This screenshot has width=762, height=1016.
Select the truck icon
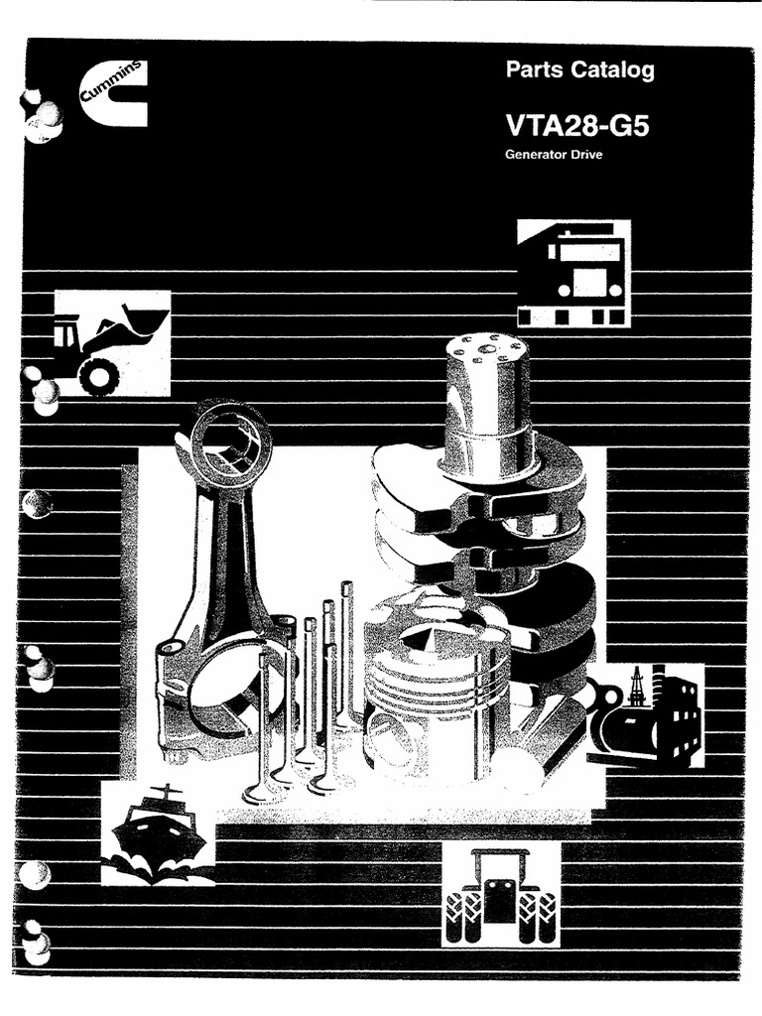click(x=573, y=273)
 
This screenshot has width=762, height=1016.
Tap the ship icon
click(x=158, y=831)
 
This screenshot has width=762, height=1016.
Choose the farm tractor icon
click(x=500, y=894)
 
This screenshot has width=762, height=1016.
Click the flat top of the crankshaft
click(x=485, y=347)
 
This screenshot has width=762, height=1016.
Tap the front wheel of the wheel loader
click(x=99, y=374)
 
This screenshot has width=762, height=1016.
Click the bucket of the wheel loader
click(x=145, y=323)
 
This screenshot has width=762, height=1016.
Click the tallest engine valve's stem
click(x=346, y=645)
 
